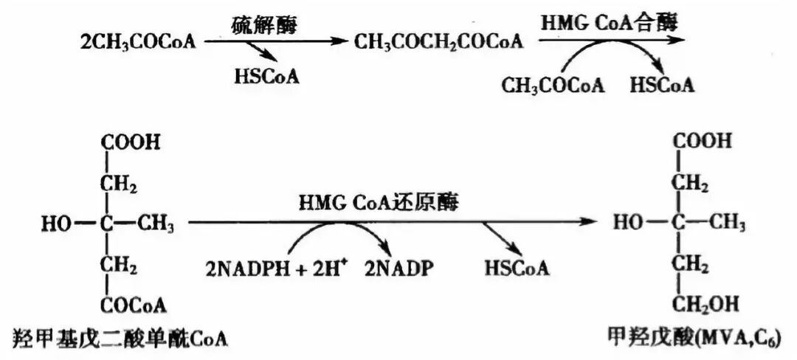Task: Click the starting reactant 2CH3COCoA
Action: (138, 41)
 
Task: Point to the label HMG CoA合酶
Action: (610, 22)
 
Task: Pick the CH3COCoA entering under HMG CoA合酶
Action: (553, 86)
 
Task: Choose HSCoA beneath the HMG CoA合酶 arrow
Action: (662, 86)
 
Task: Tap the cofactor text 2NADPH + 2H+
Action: (272, 268)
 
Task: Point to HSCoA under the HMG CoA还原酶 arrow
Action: (517, 268)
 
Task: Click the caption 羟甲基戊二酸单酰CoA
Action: (120, 339)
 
